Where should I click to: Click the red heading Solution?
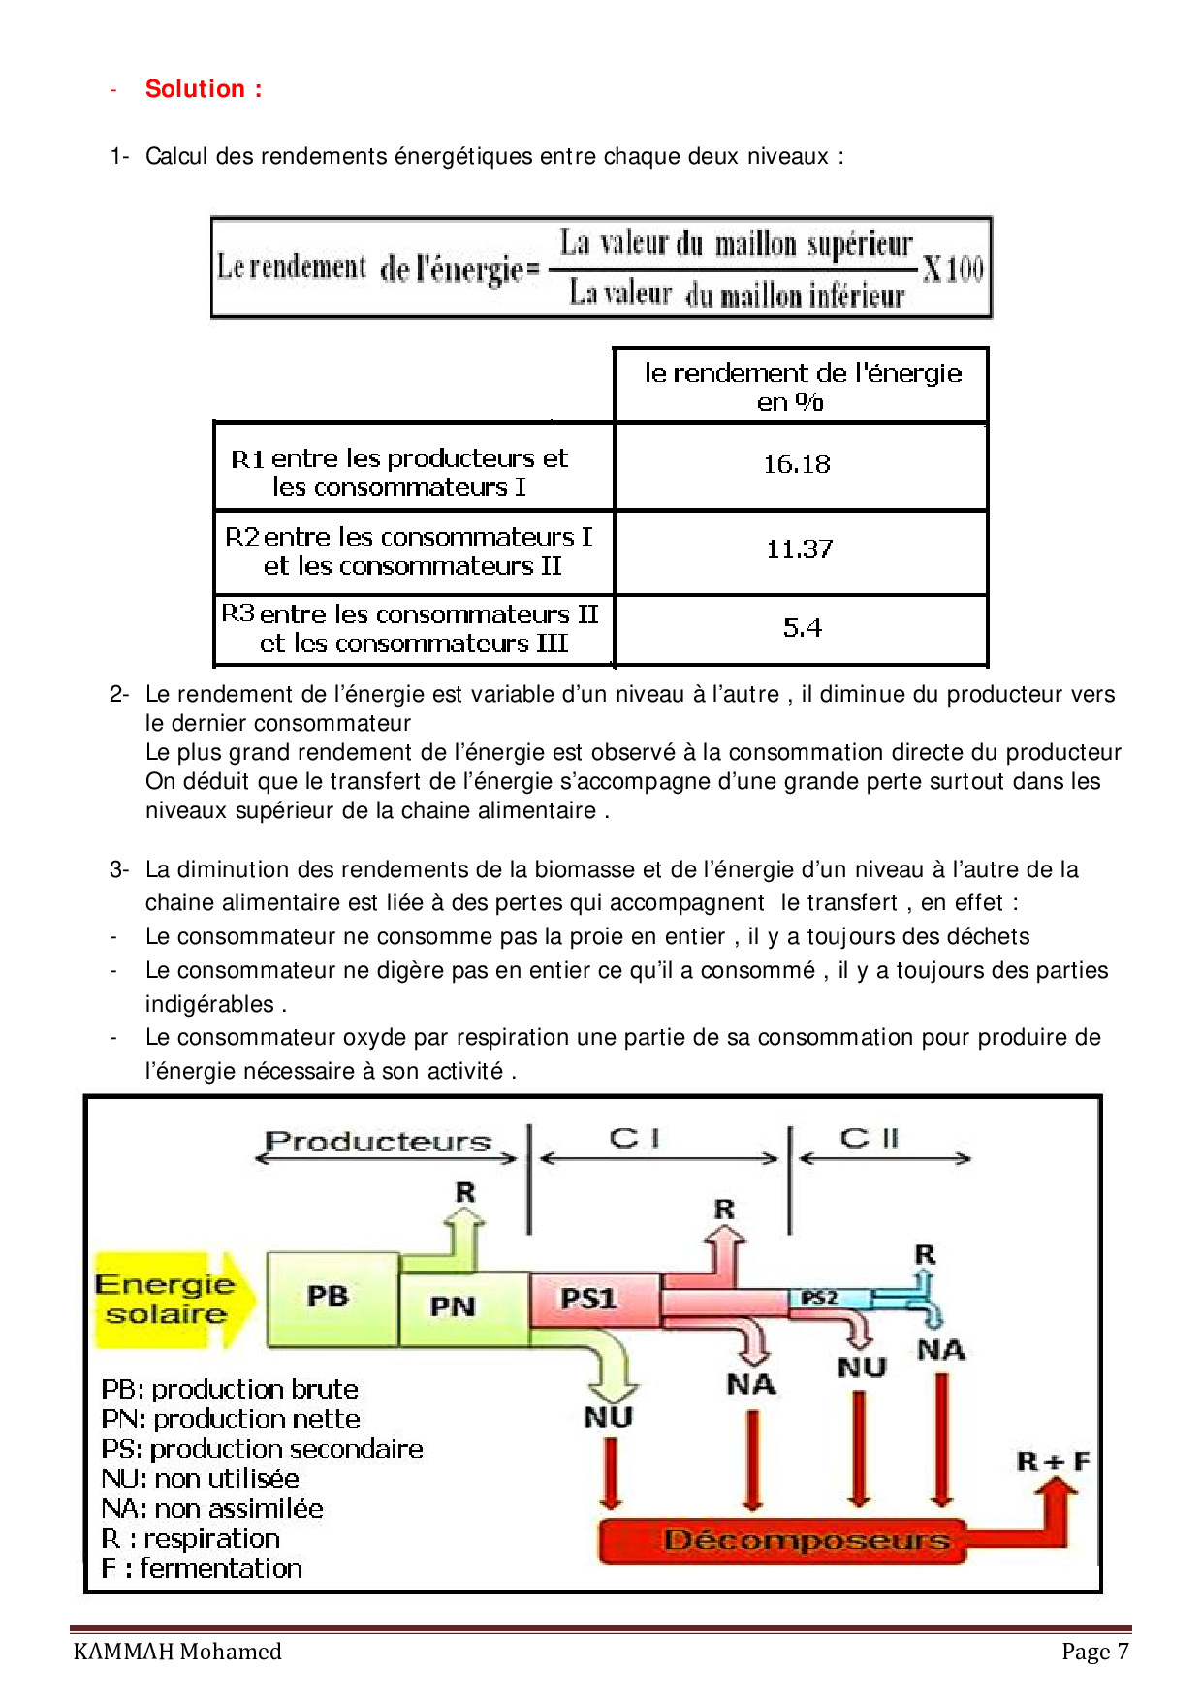pyautogui.click(x=203, y=89)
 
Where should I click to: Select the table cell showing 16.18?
pyautogui.click(x=797, y=464)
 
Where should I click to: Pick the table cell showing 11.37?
pyautogui.click(x=800, y=550)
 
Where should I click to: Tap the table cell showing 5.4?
pyautogui.click(x=802, y=628)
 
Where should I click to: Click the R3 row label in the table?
pyautogui.click(x=411, y=629)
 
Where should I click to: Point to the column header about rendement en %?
pyautogui.click(x=802, y=386)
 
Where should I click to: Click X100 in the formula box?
pyautogui.click(x=952, y=268)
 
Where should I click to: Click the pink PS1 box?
pyautogui.click(x=589, y=1299)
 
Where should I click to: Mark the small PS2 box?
pyautogui.click(x=819, y=1297)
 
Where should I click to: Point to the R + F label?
pyautogui.click(x=1053, y=1461)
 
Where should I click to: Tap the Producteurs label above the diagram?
pyautogui.click(x=379, y=1142)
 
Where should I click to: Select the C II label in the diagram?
pyautogui.click(x=870, y=1138)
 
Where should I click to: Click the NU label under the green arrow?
pyautogui.click(x=609, y=1418)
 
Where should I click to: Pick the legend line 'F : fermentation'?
pyautogui.click(x=202, y=1568)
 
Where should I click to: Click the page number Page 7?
pyautogui.click(x=1094, y=1652)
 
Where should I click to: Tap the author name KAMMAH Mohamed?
pyautogui.click(x=177, y=1652)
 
